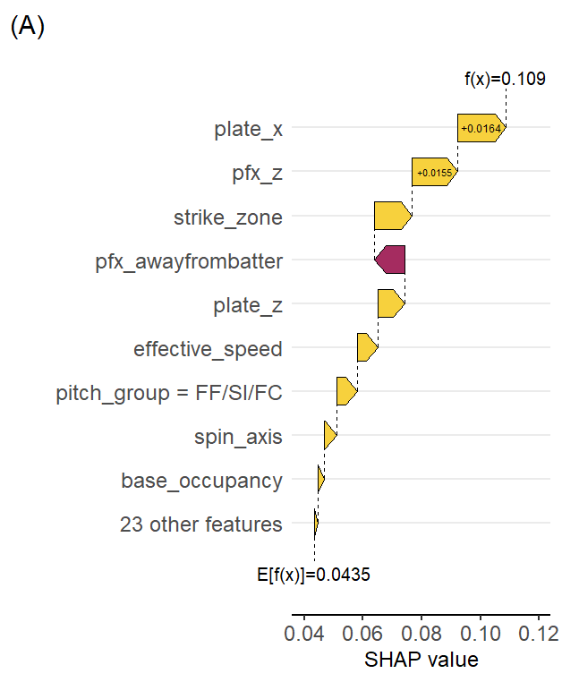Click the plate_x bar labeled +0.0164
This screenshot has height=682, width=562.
(481, 129)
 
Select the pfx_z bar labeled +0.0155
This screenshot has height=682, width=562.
(434, 172)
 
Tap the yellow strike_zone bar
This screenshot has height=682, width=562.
(392, 216)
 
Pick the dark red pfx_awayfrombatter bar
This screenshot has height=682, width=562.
(390, 260)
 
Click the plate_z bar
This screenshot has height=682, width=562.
(391, 303)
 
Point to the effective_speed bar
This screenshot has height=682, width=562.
(367, 347)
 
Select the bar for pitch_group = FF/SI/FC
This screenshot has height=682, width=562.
(346, 391)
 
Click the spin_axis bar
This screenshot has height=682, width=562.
(329, 435)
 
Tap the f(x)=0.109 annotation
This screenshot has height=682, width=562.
(505, 79)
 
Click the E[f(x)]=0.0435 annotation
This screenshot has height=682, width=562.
(314, 575)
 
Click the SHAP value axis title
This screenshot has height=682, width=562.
(421, 661)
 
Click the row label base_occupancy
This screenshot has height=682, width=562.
(201, 481)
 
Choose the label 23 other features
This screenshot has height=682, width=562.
(200, 524)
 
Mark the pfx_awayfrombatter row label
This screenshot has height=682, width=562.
(189, 261)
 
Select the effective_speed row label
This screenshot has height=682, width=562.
(208, 349)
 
